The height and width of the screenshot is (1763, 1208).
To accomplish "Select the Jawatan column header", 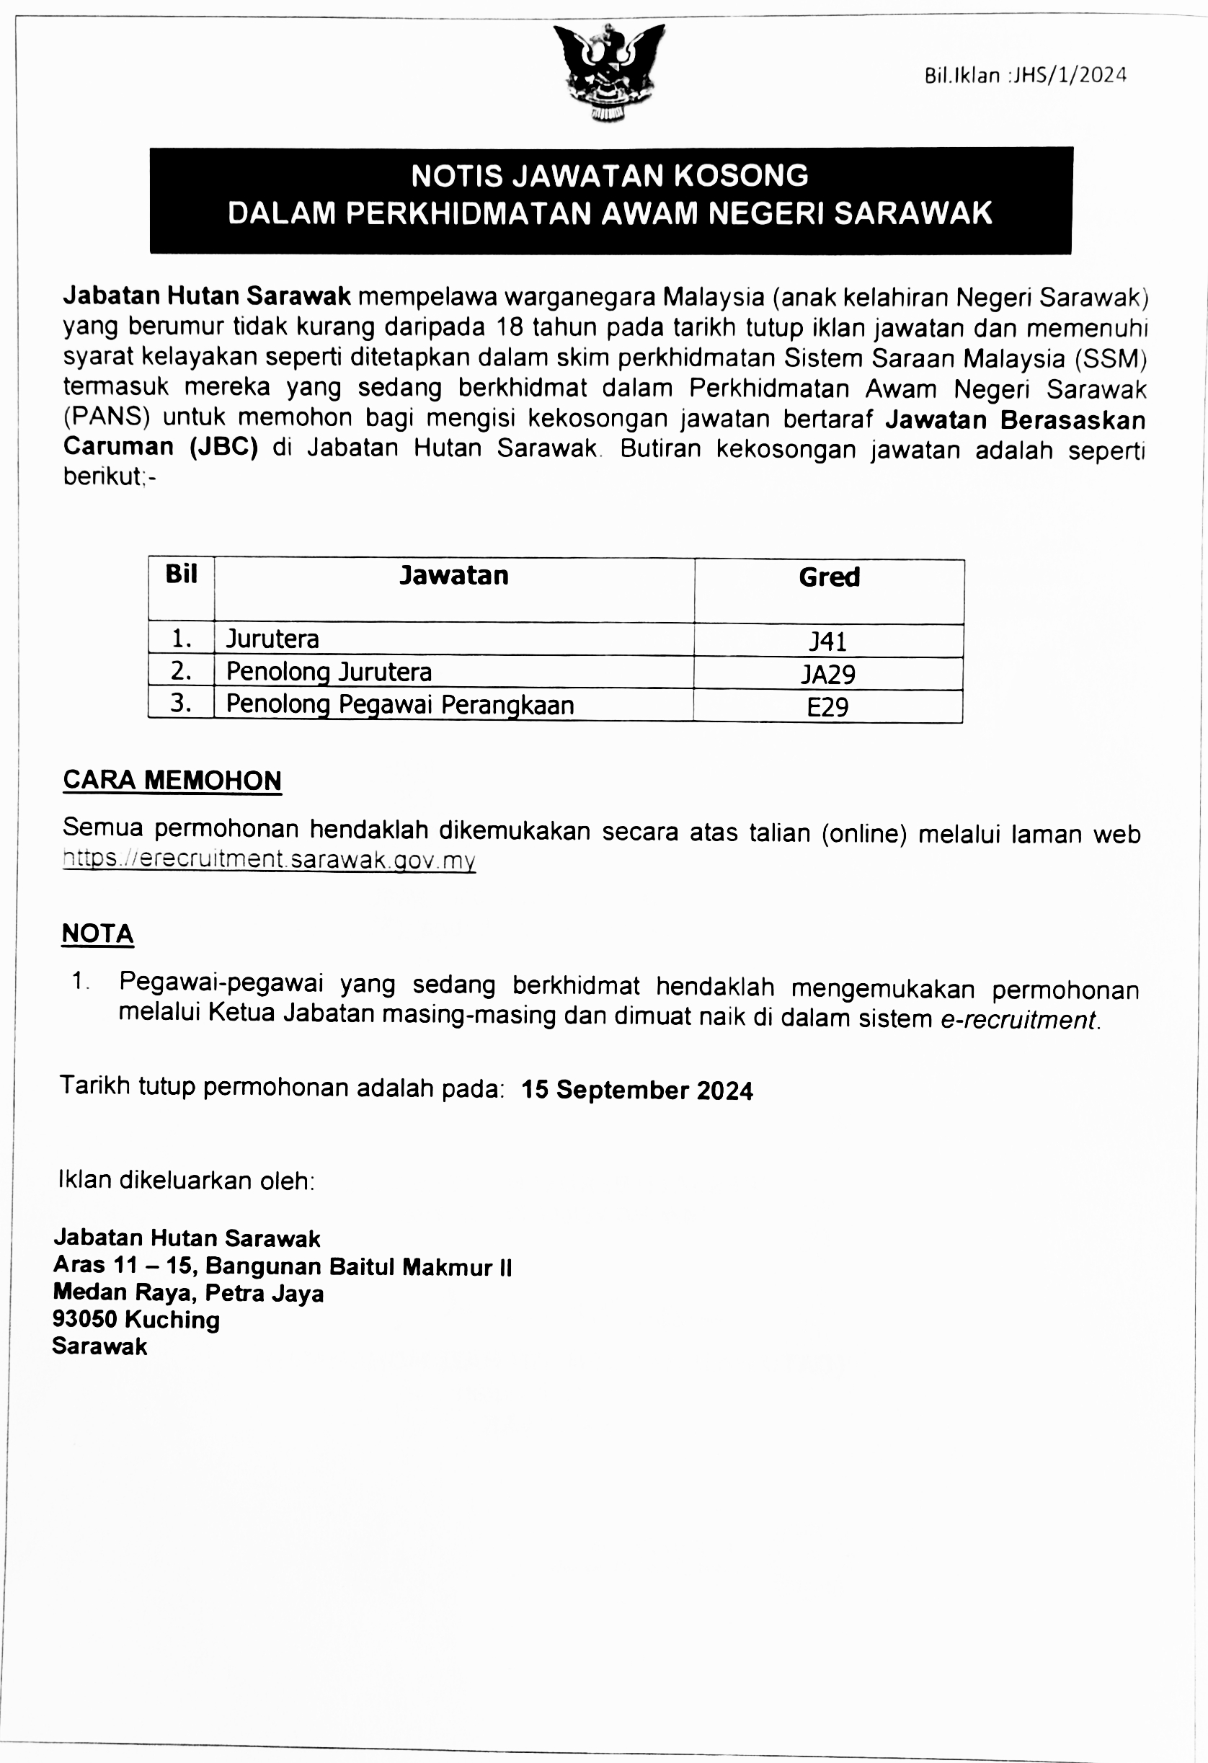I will coord(454,576).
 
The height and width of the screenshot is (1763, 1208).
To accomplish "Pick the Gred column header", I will coord(829,577).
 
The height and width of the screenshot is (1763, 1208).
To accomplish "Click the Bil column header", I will coord(182,574).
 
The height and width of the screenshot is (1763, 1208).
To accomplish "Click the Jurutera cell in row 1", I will coord(272,639).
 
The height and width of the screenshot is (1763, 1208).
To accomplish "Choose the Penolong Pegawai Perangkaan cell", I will coord(400,705).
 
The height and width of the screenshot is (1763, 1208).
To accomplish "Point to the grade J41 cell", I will coord(827,641).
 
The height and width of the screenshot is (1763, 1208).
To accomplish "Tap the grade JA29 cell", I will coord(828,675).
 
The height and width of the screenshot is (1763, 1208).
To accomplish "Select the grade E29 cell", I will coord(827,707).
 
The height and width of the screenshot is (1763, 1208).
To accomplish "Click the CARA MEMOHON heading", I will coord(172,781).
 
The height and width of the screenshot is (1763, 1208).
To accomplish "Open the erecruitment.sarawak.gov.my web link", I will coord(270,859).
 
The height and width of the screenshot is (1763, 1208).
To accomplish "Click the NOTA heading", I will coord(98,934).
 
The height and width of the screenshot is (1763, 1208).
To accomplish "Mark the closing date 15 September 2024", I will coord(636,1090).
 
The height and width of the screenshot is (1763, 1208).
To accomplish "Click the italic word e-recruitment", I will coord(1018,1020).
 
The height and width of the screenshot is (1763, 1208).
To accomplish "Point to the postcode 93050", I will coord(84,1319).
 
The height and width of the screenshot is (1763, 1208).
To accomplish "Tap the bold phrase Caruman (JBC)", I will coord(161,447).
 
